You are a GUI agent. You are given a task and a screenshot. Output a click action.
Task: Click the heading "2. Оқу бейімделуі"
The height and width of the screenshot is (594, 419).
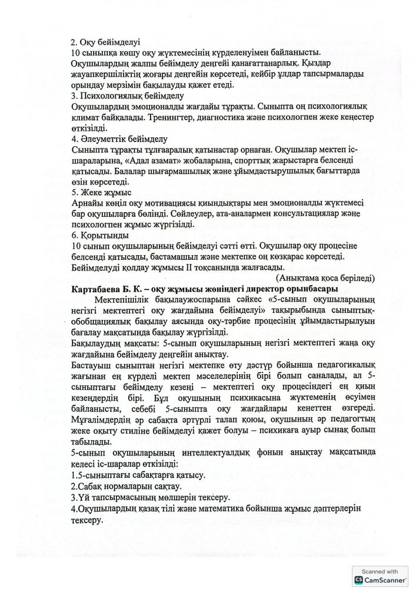(104, 42)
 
